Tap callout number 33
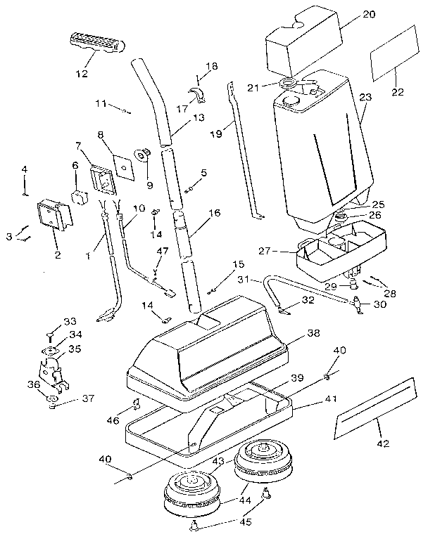click(70, 321)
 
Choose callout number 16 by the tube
click(215, 212)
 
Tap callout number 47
click(162, 250)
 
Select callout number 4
click(24, 169)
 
